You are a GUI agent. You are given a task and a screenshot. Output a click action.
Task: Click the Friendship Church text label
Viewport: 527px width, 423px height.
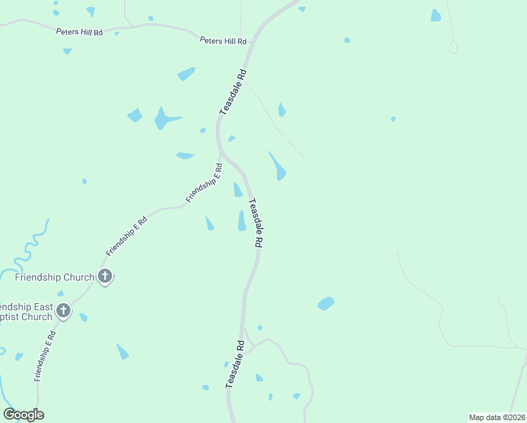point(54,277)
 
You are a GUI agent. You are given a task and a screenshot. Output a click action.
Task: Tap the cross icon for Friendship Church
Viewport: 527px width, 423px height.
point(105,276)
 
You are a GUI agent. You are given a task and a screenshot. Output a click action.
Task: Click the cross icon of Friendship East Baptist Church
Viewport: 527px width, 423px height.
point(63,310)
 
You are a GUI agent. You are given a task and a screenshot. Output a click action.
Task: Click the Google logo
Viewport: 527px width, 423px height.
point(23,414)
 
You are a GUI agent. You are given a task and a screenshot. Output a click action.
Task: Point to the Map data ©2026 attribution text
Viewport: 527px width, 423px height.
point(496,417)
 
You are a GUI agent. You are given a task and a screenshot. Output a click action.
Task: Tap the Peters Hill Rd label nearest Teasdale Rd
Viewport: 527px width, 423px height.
point(223,42)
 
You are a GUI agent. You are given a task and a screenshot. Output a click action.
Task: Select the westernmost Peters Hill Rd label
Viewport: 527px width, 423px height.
point(80,32)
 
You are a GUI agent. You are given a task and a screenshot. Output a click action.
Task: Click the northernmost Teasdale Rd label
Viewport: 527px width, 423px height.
point(233,92)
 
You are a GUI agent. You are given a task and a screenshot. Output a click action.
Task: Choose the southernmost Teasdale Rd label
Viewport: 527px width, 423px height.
point(235,364)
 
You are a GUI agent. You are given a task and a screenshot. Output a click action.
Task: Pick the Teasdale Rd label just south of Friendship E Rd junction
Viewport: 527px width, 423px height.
point(255,221)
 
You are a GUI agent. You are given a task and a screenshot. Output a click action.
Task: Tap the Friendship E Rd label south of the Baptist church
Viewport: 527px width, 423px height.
point(45,359)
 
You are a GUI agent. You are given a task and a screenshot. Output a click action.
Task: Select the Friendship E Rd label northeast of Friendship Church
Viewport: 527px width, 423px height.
point(127,236)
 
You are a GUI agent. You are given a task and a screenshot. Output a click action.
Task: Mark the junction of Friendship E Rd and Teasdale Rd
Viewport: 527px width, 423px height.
point(221,152)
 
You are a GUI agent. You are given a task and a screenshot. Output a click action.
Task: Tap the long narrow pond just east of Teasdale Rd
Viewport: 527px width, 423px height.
point(278,166)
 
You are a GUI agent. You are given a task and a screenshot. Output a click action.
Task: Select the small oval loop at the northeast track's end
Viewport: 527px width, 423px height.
point(453,47)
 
